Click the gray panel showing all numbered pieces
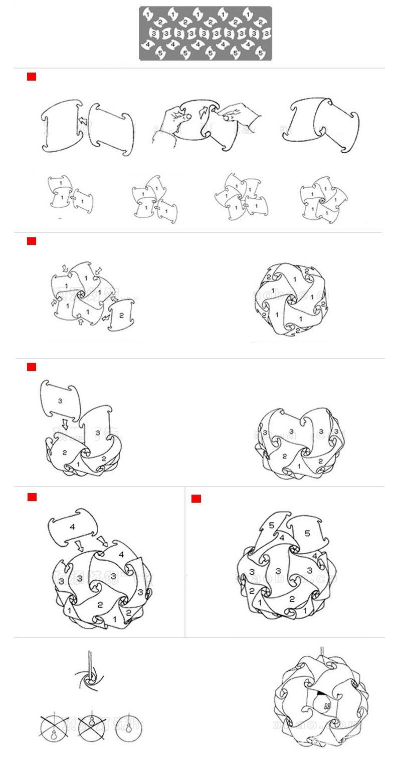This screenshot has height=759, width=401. tap(206, 34)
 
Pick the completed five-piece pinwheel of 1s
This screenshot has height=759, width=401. tap(324, 198)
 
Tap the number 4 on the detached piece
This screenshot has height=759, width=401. tap(73, 527)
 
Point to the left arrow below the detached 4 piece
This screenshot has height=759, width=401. tap(79, 544)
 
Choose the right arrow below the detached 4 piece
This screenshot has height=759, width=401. tap(102, 541)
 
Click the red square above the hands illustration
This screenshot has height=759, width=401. tap(32, 77)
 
